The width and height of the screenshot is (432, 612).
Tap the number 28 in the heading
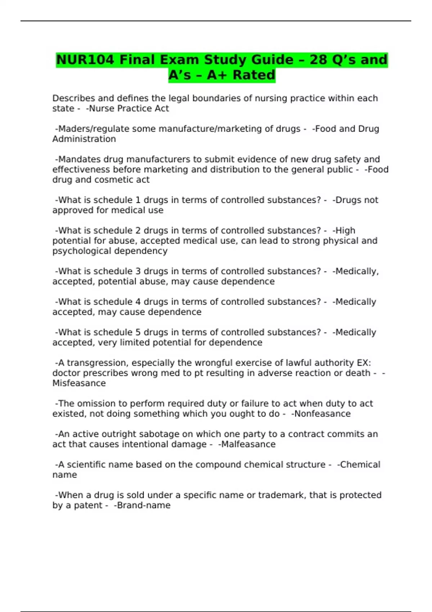click(x=318, y=60)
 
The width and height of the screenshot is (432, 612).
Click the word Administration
click(x=84, y=139)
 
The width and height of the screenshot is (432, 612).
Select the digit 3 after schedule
click(x=138, y=271)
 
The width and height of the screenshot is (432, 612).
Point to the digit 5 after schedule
click(x=138, y=332)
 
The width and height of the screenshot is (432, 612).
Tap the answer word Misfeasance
click(x=79, y=383)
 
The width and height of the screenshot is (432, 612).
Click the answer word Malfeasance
click(x=248, y=444)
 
